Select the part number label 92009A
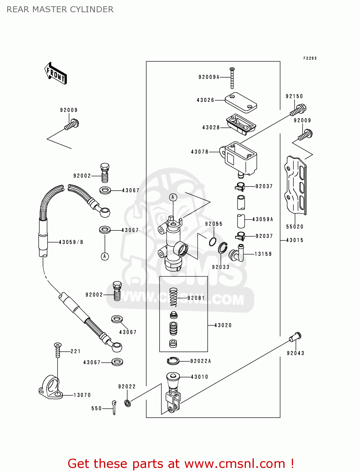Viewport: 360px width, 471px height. click(x=209, y=77)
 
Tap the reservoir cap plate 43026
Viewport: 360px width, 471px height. click(x=241, y=102)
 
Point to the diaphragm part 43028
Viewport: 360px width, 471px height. click(x=241, y=124)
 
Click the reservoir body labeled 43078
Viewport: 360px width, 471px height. click(x=241, y=159)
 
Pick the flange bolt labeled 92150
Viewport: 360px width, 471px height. click(x=298, y=110)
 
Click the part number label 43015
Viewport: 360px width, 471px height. click(x=295, y=240)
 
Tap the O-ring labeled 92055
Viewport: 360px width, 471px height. click(x=213, y=242)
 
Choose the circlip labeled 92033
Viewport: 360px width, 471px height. click(x=223, y=248)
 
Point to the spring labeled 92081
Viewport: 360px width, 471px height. click(x=173, y=297)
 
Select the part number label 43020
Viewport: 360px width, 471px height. click(x=223, y=325)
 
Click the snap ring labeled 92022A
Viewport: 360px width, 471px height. click(x=173, y=361)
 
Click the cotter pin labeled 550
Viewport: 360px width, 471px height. click(x=114, y=407)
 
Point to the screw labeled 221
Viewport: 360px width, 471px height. click(x=57, y=350)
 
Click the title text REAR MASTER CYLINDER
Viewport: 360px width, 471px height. click(x=60, y=9)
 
